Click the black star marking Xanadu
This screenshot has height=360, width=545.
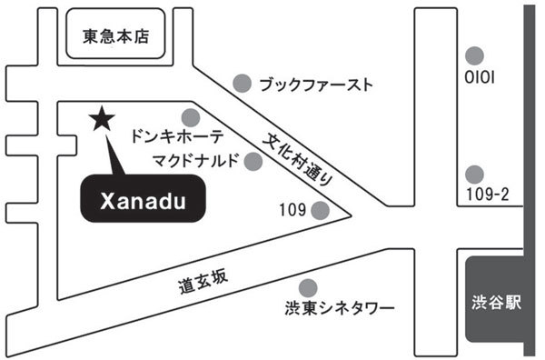click(x=102, y=119)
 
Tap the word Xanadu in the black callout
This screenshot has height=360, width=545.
click(x=143, y=202)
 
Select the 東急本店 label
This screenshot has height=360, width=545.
click(x=116, y=36)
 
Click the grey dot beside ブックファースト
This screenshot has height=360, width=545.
click(x=243, y=84)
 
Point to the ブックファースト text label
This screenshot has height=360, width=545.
click(x=316, y=85)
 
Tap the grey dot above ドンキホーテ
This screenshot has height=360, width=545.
click(x=191, y=117)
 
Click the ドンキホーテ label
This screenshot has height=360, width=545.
click(x=176, y=136)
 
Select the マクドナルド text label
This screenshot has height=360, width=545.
click(x=196, y=160)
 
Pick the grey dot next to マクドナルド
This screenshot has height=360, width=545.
click(x=253, y=162)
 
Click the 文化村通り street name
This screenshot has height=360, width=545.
click(x=298, y=159)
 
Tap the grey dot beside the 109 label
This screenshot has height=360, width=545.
click(x=320, y=210)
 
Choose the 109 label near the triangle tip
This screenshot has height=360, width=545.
click(x=292, y=210)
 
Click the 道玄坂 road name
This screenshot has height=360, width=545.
click(x=203, y=282)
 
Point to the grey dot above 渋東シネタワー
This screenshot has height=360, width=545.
click(x=308, y=288)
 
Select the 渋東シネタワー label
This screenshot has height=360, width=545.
click(x=340, y=308)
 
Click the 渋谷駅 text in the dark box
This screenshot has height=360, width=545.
click(x=496, y=302)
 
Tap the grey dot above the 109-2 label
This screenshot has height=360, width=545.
click(x=474, y=175)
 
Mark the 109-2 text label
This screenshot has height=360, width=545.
click(x=487, y=194)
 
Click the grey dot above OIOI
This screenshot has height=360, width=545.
click(x=474, y=55)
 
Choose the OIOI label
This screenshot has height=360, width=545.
click(x=480, y=77)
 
